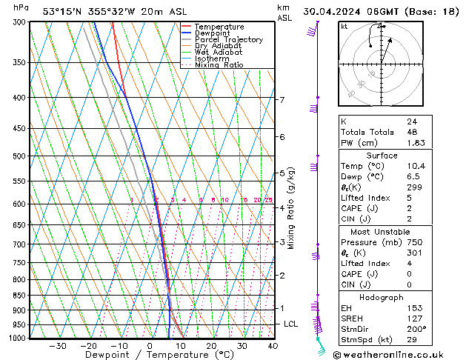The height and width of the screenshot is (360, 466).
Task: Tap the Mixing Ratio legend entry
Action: click(x=219, y=65)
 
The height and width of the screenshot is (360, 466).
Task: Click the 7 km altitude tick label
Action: click(x=282, y=100)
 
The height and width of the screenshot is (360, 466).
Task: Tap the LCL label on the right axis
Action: click(x=291, y=324)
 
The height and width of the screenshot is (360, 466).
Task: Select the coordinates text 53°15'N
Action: click(x=62, y=11)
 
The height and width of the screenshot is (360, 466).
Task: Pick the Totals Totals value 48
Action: click(x=411, y=132)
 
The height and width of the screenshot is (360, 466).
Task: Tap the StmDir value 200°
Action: click(x=416, y=328)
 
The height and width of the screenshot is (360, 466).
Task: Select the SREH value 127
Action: click(x=413, y=318)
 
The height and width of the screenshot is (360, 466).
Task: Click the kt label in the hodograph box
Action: click(x=344, y=27)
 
